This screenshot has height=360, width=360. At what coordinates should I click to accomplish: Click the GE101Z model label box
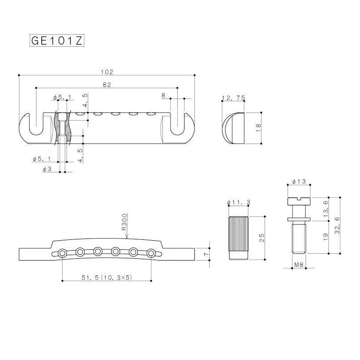[x=57, y=41]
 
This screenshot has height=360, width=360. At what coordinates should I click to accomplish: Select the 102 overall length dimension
[x=107, y=72]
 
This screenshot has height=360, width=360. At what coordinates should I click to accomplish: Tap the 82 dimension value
[x=107, y=85]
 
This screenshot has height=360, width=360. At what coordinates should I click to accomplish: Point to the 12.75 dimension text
[x=234, y=98]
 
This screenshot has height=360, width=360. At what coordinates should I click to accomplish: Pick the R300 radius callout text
[x=124, y=222]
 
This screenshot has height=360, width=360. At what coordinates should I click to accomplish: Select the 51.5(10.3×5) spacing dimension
[x=107, y=278]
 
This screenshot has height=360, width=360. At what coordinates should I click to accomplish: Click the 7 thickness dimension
[x=206, y=254]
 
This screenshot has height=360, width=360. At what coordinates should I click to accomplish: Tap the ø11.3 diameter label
[x=238, y=202]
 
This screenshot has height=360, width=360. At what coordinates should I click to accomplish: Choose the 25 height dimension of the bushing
[x=262, y=238]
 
